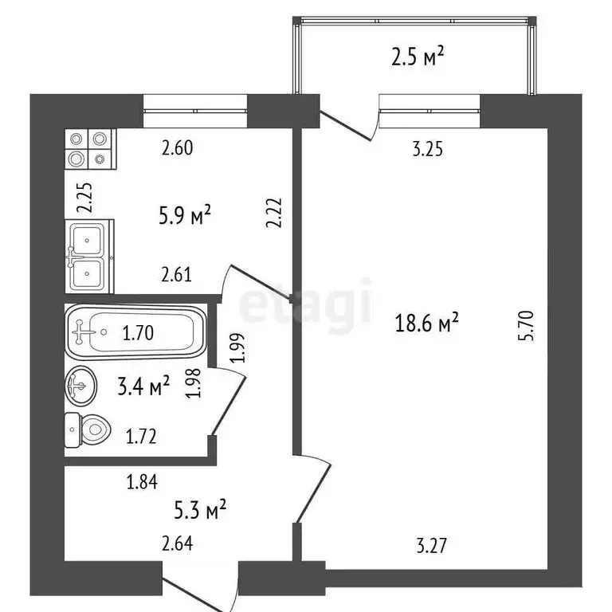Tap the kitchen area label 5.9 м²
(x=185, y=215)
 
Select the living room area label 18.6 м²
(x=428, y=323)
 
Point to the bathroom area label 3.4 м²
(x=144, y=387)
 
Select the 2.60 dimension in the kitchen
(x=177, y=147)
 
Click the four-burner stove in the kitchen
(x=89, y=149)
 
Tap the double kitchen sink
(x=89, y=256)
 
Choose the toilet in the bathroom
(x=86, y=431)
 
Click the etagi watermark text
(x=306, y=303)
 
